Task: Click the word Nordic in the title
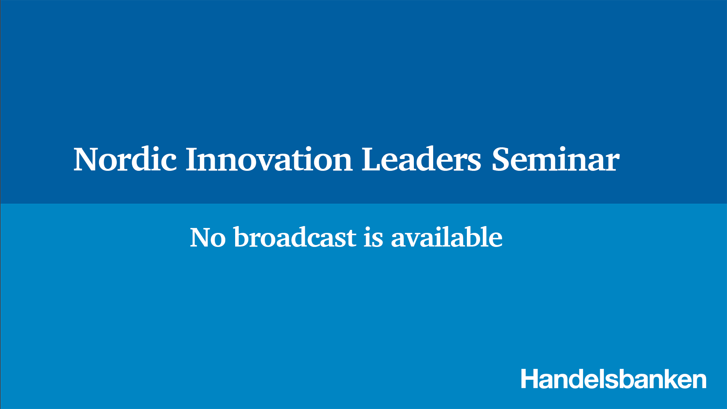coord(125,159)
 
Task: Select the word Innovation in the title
coord(269,159)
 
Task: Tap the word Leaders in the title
coord(421,159)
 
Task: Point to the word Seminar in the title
coord(555,159)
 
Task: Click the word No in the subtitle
coord(208,237)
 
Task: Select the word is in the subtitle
coord(373,237)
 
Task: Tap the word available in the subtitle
coord(447,237)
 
